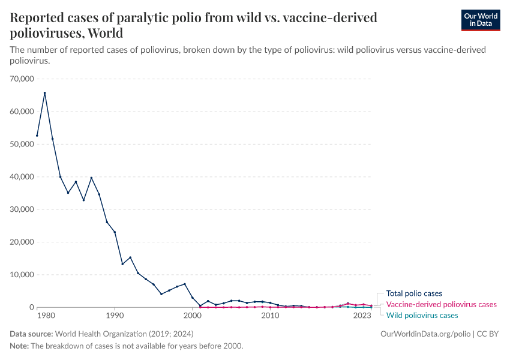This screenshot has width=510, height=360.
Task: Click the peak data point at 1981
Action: click(x=44, y=93)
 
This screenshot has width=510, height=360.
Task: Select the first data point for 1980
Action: click(x=37, y=136)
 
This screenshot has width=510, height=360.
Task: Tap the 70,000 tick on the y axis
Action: click(x=22, y=79)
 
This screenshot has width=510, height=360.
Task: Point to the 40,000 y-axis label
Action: click(x=22, y=176)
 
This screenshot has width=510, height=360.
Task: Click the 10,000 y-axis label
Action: click(x=22, y=274)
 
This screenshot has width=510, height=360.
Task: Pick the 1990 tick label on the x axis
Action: click(x=114, y=315)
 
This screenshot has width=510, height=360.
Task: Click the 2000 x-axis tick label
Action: click(x=192, y=315)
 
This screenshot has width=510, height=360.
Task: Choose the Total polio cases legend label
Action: click(x=414, y=293)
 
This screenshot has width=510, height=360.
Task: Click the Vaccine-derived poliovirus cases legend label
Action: click(x=441, y=304)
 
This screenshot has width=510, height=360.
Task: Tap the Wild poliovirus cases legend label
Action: click(x=422, y=315)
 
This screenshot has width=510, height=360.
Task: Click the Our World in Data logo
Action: click(x=479, y=20)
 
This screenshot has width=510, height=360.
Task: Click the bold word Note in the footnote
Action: click(x=19, y=346)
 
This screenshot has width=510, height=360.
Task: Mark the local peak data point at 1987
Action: click(x=91, y=178)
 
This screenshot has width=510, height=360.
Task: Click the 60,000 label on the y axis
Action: click(x=22, y=111)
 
